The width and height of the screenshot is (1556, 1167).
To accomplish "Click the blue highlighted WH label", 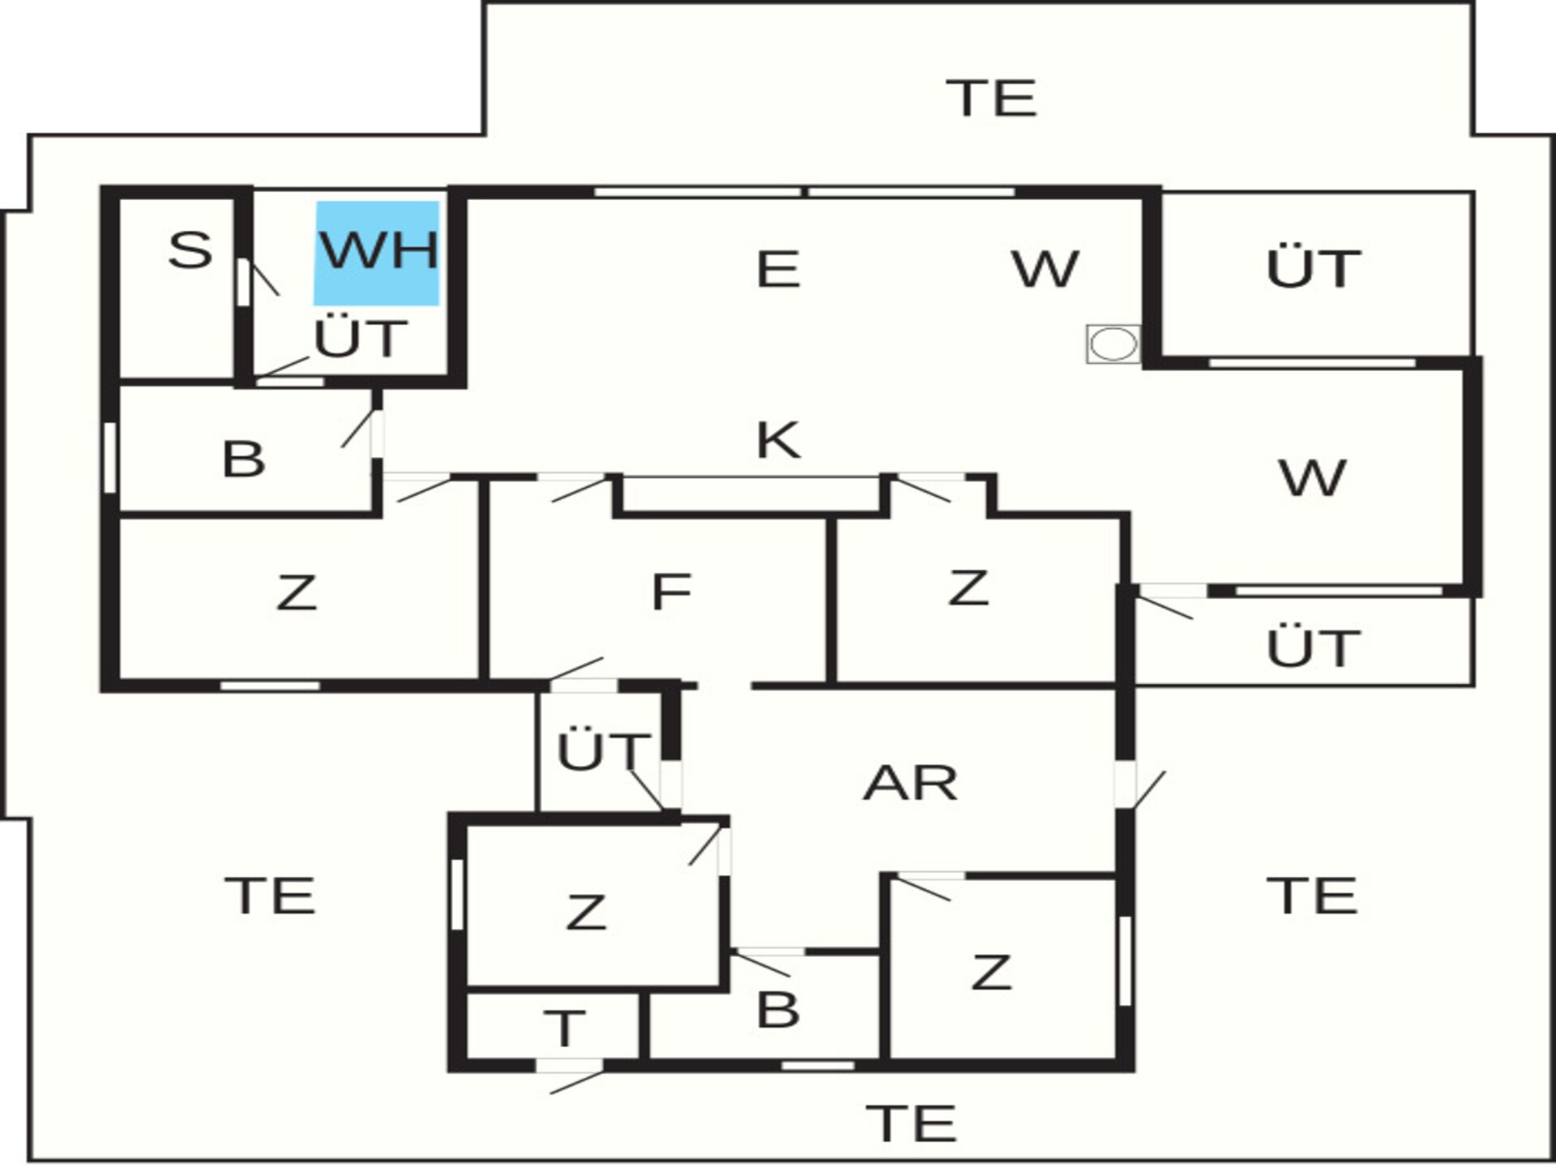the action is [378, 253].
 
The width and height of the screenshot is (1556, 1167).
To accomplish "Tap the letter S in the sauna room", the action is [190, 250].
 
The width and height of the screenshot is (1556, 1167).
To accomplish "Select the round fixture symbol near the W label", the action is [1114, 343].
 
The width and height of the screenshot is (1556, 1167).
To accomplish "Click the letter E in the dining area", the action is [778, 269].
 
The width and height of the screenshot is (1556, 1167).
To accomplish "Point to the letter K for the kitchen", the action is [778, 440].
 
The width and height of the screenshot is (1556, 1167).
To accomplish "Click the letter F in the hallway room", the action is [671, 592].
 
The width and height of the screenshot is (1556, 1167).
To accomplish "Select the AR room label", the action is [910, 783].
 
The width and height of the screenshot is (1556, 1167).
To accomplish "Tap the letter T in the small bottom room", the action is [565, 1028].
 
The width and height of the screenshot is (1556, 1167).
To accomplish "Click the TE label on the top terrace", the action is [991, 98].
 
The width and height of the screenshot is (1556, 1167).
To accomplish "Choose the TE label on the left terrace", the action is [270, 896].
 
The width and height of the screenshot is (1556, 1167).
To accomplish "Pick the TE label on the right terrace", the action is [1312, 896].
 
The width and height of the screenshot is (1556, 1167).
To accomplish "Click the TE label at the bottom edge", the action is [911, 1123].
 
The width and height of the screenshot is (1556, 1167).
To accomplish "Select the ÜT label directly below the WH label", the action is [361, 337].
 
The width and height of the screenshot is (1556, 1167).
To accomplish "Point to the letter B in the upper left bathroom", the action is [243, 459].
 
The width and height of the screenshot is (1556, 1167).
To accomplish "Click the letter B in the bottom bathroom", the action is [778, 1010].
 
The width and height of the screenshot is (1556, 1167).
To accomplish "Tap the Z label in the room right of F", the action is [968, 588].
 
